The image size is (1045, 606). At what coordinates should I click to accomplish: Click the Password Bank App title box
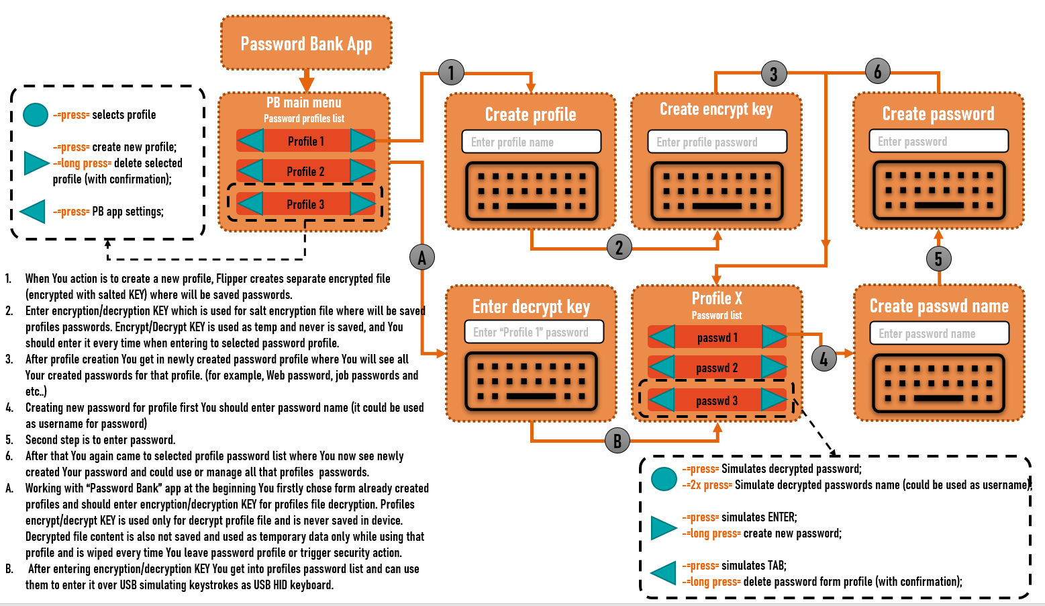tap(306, 44)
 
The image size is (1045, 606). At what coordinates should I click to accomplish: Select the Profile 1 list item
tap(305, 141)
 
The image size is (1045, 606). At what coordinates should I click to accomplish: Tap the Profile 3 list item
tap(305, 204)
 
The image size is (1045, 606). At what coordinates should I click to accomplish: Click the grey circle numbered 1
tap(451, 73)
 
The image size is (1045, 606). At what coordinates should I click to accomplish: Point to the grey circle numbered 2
tap(619, 247)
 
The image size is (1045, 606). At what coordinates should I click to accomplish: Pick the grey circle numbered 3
tap(773, 74)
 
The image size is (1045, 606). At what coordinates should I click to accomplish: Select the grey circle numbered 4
tap(824, 359)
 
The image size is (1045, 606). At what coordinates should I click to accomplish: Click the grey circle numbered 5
tap(938, 259)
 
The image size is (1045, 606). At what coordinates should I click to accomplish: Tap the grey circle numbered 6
tap(877, 71)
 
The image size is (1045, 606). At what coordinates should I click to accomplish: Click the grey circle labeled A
tap(422, 257)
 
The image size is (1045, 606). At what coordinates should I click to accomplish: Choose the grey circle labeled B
tap(617, 441)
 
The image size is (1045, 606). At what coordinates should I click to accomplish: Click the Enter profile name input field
tap(531, 142)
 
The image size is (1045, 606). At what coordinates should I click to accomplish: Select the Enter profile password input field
tap(717, 142)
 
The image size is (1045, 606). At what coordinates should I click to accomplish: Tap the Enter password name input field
tap(938, 333)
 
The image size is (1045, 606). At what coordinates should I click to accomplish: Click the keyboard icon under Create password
tap(938, 191)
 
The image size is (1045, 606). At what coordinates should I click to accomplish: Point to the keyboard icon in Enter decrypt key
tap(531, 382)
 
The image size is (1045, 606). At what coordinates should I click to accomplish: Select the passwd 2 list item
tap(717, 367)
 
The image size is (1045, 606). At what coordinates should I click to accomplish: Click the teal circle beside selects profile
tap(35, 115)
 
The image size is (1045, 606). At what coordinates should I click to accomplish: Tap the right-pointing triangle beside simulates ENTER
tap(663, 527)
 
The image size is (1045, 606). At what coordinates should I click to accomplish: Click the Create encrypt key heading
tap(716, 109)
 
